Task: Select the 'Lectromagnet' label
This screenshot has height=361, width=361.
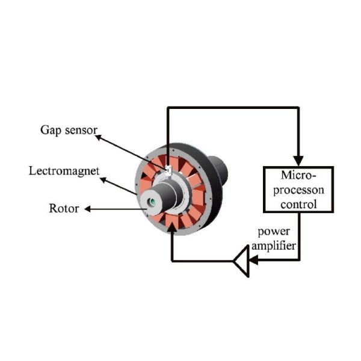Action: (62, 170)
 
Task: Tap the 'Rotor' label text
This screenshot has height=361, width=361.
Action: (62, 209)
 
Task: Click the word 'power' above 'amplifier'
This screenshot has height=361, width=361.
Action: (274, 232)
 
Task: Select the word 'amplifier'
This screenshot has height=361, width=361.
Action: (274, 245)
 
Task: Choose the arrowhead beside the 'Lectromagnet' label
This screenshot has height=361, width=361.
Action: (102, 178)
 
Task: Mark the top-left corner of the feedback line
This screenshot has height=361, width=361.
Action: (168, 108)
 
